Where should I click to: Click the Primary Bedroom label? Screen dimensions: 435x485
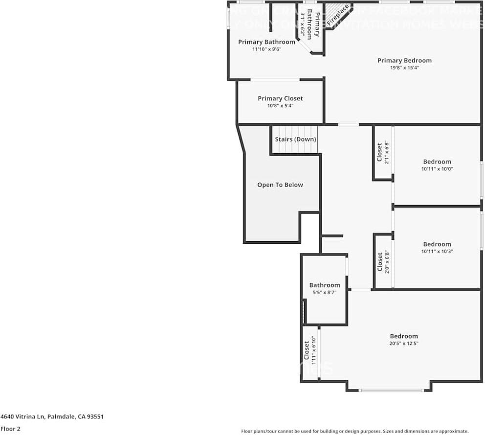click(x=404, y=61)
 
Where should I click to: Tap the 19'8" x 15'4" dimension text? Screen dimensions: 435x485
click(x=404, y=68)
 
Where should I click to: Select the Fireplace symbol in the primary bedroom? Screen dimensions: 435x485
click(x=338, y=15)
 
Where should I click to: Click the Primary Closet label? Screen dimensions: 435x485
click(x=280, y=98)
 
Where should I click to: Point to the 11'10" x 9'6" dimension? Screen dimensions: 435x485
click(x=266, y=49)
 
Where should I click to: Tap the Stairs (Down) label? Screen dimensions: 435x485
click(x=295, y=139)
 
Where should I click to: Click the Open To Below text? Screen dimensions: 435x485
click(x=280, y=185)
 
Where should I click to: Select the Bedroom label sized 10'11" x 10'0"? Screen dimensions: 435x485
click(x=437, y=162)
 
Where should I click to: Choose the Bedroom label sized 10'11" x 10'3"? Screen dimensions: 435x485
click(x=437, y=244)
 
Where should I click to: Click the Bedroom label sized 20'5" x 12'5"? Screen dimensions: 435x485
click(x=404, y=336)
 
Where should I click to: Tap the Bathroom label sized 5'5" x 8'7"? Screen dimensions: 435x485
click(x=324, y=285)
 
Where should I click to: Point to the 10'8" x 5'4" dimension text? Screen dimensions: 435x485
click(x=280, y=106)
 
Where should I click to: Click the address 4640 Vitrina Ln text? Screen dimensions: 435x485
click(x=52, y=417)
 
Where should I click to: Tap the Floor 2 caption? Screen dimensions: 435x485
click(x=11, y=429)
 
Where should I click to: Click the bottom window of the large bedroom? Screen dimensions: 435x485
click(x=391, y=390)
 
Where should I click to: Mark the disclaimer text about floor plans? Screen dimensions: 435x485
click(x=354, y=431)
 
